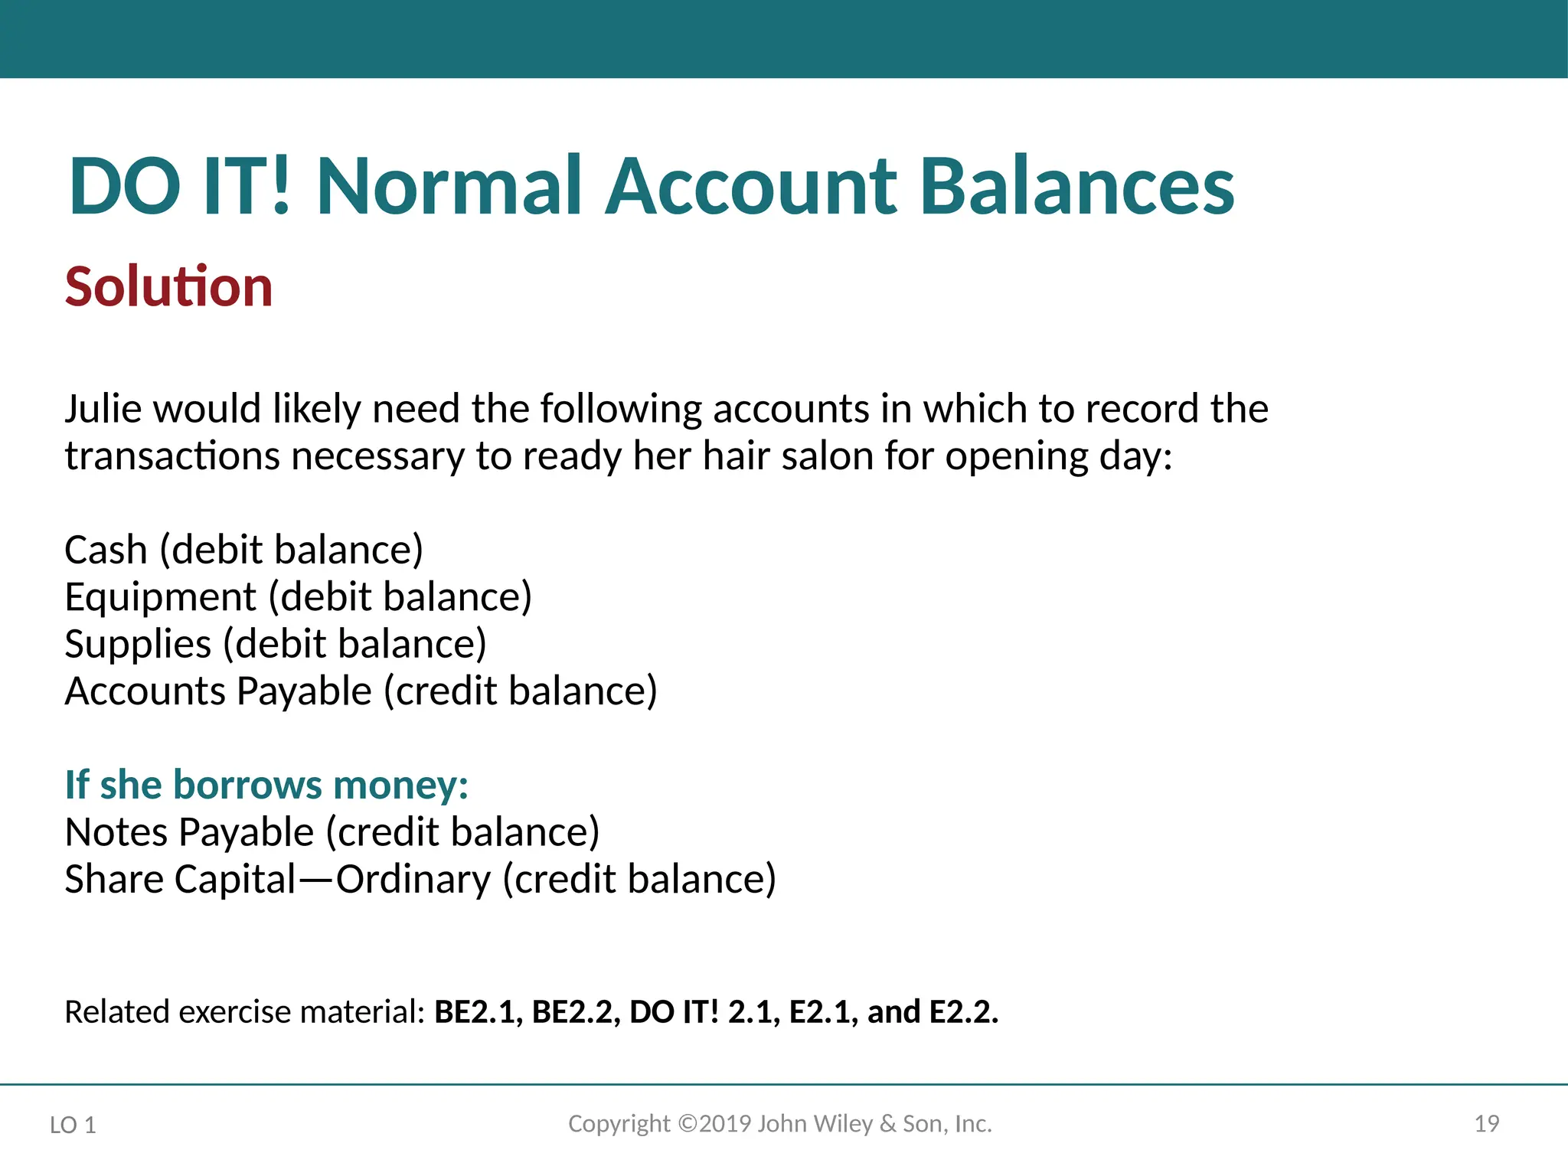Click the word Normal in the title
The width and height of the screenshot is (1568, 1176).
[x=450, y=186]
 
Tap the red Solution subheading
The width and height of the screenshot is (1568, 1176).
[x=168, y=287]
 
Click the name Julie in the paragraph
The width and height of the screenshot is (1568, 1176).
[x=103, y=409]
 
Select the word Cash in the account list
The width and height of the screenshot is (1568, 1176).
[x=106, y=550]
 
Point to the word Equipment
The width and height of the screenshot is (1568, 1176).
[x=160, y=597]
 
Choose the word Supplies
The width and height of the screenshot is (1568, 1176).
[x=138, y=644]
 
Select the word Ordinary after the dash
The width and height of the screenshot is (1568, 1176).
[x=413, y=879]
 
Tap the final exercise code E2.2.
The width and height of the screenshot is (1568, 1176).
[x=963, y=1012]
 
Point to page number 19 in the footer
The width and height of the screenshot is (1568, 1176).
[x=1486, y=1124]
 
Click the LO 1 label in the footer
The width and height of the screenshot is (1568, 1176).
[x=73, y=1125]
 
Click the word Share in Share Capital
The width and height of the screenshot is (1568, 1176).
[x=114, y=879]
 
